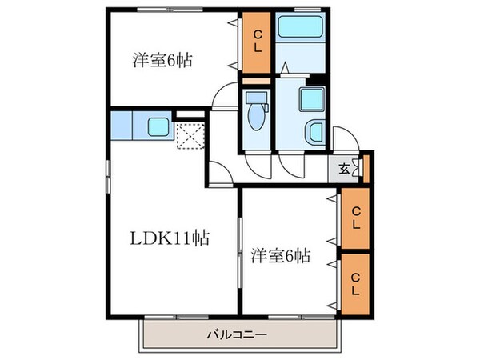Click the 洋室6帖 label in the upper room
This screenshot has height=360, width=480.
point(162,60)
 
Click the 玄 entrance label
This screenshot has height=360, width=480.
point(343,168)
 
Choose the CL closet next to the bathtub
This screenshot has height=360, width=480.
point(258,42)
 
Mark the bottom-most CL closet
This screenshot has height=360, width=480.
point(353,281)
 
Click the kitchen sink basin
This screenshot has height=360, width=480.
point(157,126)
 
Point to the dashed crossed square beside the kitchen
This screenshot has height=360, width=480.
point(190,137)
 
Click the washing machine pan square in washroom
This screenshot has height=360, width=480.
point(308,100)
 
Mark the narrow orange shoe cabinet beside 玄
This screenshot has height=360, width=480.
point(365,168)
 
